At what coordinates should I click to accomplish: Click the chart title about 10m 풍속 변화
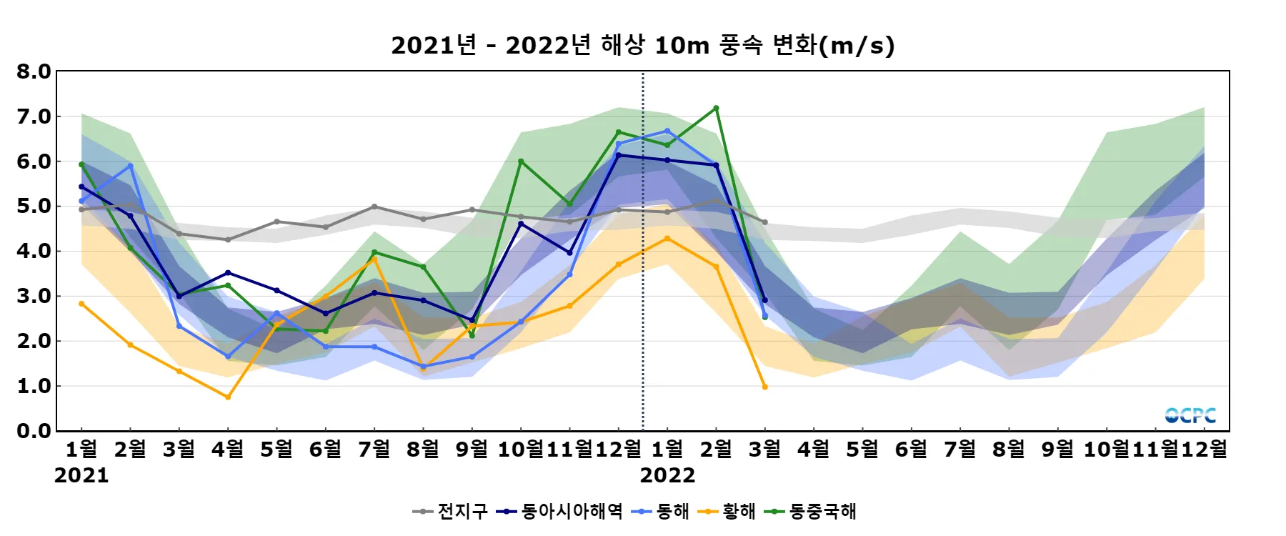point(642,45)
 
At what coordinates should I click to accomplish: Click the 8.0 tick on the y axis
point(34,71)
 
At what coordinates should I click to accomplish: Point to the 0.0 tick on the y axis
point(34,431)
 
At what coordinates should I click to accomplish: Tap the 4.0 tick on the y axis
point(34,251)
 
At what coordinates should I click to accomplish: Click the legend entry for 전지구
point(451,512)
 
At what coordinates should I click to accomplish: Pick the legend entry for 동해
point(662,512)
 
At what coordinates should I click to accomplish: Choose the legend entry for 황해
point(727,512)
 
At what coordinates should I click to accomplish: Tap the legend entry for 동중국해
point(811,512)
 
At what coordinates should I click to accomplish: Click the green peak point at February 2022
point(716,109)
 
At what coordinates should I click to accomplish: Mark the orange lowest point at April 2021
point(228,397)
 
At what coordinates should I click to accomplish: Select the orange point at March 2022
point(765,387)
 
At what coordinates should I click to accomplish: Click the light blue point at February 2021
point(130,166)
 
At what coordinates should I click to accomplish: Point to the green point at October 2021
point(521,162)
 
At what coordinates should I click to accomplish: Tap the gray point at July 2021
point(374,207)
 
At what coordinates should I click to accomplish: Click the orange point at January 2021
point(81,304)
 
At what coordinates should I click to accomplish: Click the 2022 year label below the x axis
point(667,475)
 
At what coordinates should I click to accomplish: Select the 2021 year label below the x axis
point(81,475)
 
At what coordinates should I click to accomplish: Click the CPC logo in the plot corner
point(1190,415)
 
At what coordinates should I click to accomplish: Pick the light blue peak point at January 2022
point(667,131)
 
